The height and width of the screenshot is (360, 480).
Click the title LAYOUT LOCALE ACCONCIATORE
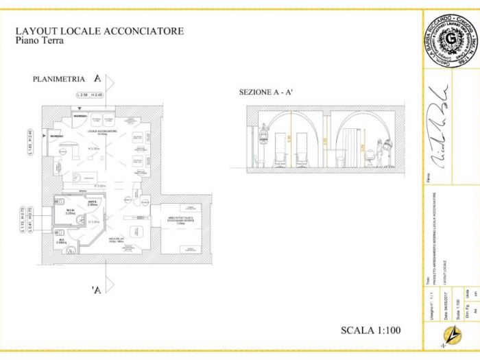coord(99,32)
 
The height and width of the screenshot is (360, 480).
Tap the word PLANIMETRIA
coord(58,80)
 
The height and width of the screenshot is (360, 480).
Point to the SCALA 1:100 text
coord(370,331)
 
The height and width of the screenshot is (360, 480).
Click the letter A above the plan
coord(98,78)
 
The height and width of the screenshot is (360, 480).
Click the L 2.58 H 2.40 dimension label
coord(93,94)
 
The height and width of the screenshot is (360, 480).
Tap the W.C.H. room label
coord(69,211)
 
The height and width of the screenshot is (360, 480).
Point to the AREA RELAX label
coord(115,239)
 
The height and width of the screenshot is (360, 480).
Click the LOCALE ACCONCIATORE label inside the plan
coord(103,130)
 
